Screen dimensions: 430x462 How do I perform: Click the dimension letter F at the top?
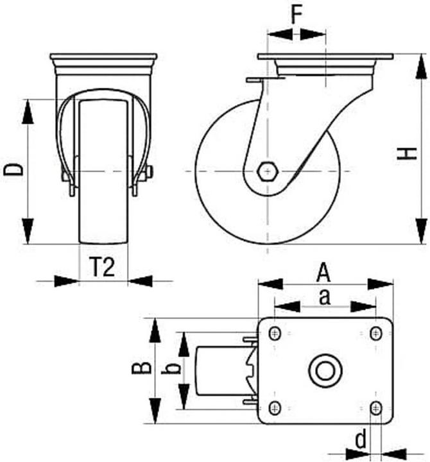pos(297,14)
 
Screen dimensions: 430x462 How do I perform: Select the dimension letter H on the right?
pos(407,153)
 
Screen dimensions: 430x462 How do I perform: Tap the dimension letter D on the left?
pos(13,170)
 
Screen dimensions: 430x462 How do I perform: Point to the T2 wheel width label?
pos(102,267)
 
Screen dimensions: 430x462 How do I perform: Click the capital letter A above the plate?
pos(323,273)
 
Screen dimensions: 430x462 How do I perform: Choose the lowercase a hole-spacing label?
pos(325,297)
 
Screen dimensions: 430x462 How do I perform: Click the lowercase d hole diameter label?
pos(361,439)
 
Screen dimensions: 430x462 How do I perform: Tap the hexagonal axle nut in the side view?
pos(268,171)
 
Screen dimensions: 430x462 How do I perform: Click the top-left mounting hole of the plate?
pos(275,334)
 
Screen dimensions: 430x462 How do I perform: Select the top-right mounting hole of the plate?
pos(375,334)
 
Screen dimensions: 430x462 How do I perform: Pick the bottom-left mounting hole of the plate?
pos(275,408)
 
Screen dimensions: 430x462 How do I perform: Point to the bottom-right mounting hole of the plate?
pos(375,408)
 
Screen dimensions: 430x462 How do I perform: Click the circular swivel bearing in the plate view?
pos(325,371)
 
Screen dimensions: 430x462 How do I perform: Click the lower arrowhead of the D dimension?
pos(28,231)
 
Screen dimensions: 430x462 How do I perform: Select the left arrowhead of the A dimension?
pos(271,284)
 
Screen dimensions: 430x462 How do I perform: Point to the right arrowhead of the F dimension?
pos(313,35)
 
